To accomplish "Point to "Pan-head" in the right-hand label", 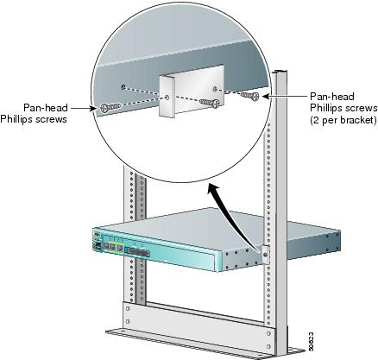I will click(x=331, y=97).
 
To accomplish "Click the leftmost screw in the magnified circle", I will click(x=108, y=108).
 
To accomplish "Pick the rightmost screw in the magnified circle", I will click(x=252, y=95).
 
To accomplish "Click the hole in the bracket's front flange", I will click(x=166, y=98).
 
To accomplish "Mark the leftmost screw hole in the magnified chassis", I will click(x=127, y=86).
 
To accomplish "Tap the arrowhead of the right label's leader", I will click(x=268, y=97).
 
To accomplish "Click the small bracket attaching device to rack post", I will click(x=263, y=253).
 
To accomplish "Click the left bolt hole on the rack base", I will click(x=127, y=307).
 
